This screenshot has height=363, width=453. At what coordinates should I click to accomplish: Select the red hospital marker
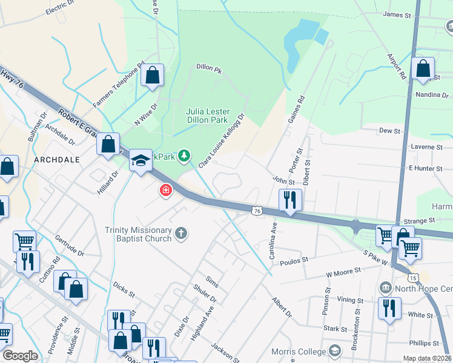[x=165, y=191]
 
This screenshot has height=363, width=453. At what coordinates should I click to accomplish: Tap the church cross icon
[x=180, y=233]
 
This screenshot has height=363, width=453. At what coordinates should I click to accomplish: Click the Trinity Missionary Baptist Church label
[x=139, y=234]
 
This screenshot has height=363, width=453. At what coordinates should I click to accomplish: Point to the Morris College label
[x=300, y=351]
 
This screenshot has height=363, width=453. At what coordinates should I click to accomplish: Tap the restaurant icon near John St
[x=290, y=200]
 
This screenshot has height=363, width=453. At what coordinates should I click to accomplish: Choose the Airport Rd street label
[x=397, y=66]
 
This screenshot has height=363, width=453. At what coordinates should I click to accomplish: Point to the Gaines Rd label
[x=296, y=110]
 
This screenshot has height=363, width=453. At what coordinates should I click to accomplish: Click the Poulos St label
[x=294, y=260]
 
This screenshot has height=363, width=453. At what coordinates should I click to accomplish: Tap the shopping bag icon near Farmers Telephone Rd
[x=153, y=76]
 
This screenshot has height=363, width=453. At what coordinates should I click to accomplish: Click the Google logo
[x=20, y=356]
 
